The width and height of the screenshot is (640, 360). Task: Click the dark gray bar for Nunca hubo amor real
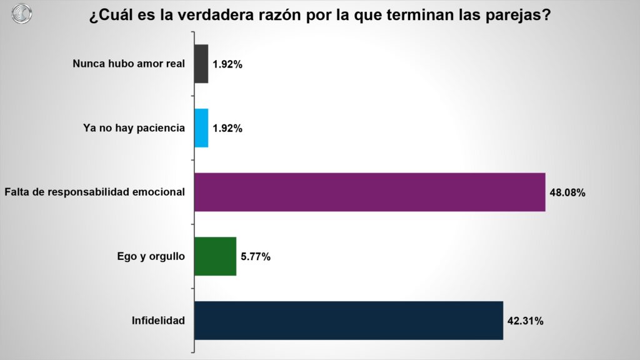201,64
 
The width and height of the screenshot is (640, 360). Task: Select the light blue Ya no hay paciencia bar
201,128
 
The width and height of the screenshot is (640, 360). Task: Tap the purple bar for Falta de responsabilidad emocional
369,192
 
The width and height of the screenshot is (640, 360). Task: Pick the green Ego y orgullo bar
215,256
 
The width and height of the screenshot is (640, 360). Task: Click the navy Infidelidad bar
348,321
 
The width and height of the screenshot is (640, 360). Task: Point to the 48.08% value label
567,192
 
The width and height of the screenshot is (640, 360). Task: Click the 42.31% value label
525,321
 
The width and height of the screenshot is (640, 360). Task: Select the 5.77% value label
255,257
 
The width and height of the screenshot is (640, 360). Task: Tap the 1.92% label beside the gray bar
227,64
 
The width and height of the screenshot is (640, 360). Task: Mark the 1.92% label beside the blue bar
227,129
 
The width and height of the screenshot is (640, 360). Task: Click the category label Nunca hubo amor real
129,64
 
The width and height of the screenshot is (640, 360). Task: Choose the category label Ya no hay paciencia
134,128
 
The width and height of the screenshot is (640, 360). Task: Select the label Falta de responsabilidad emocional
94,192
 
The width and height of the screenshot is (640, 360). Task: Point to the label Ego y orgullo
151,256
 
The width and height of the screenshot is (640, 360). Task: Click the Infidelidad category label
158,321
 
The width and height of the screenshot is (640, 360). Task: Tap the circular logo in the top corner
21,14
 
